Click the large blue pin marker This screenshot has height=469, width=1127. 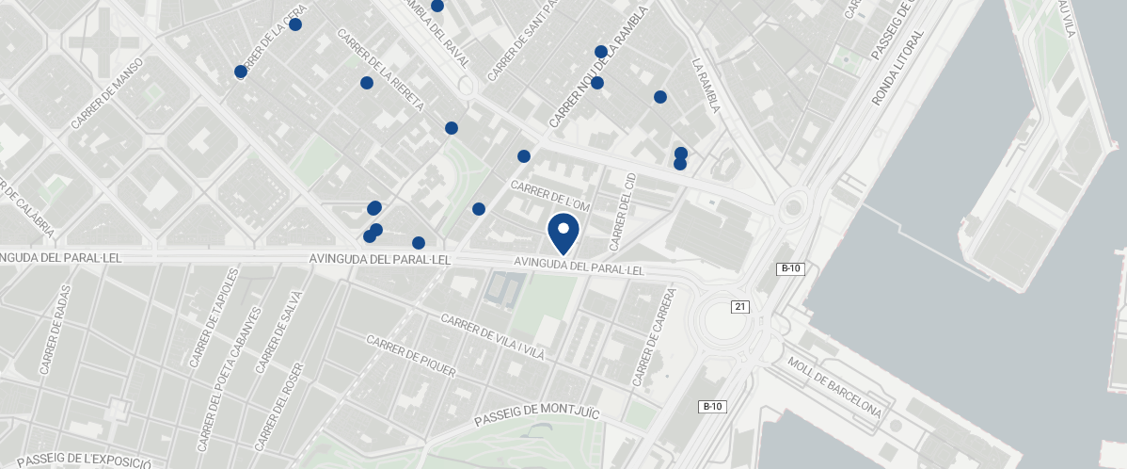tap(563, 233)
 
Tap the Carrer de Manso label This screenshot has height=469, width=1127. tap(106, 93)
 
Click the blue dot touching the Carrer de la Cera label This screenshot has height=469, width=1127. tap(295, 24)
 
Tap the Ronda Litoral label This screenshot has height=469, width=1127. tap(897, 67)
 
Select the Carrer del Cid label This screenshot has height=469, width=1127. tap(622, 212)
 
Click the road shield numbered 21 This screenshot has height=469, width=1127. tap(741, 307)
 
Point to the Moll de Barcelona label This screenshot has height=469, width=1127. tap(834, 387)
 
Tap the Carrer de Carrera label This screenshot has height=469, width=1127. tap(655, 337)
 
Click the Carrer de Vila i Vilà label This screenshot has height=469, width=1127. tap(492, 337)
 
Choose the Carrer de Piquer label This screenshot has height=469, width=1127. tap(411, 356)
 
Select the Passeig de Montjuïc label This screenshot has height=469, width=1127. tap(536, 412)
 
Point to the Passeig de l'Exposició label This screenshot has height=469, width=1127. tap(85, 460)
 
